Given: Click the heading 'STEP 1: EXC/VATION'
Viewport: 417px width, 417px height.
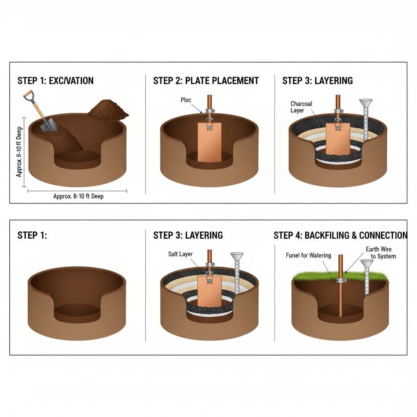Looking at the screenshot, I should coord(55,81).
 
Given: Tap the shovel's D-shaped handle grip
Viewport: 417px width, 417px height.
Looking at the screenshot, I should coord(28,96).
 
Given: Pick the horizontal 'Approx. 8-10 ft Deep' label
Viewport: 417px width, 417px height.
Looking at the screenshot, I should coord(78,196).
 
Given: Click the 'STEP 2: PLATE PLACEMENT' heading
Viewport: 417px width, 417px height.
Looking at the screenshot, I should coord(206,81).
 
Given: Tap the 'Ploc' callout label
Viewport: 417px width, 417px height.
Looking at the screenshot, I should coord(186,100).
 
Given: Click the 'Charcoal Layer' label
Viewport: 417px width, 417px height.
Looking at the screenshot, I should coord(301,107).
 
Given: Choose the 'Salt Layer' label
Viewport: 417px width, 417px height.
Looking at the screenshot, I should coord(180,254).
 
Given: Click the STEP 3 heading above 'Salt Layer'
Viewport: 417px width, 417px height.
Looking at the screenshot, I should coord(188,235).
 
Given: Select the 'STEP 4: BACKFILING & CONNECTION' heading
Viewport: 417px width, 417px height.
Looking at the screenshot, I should coord(340,235).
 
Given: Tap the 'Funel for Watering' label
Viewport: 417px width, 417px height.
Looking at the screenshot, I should coord(308,255).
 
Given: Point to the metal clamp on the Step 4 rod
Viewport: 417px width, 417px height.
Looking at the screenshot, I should coord(340,280).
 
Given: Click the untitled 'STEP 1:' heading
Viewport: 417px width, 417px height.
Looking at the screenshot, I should coord(32,235).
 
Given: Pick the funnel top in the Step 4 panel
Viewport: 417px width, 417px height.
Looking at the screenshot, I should coord(367,263).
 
